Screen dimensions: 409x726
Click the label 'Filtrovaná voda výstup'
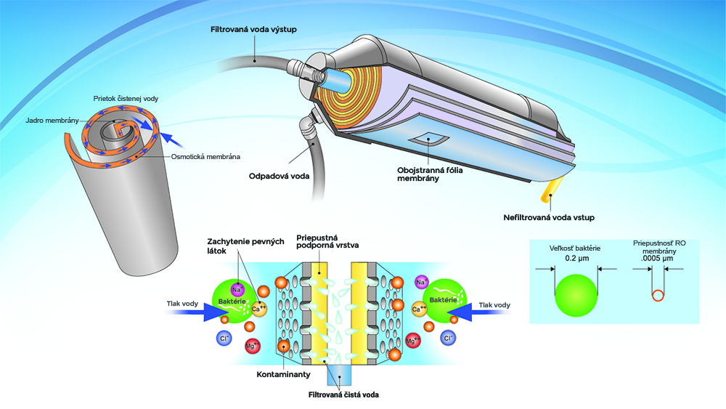point(255,29)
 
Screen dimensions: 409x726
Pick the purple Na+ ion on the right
point(420,281)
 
